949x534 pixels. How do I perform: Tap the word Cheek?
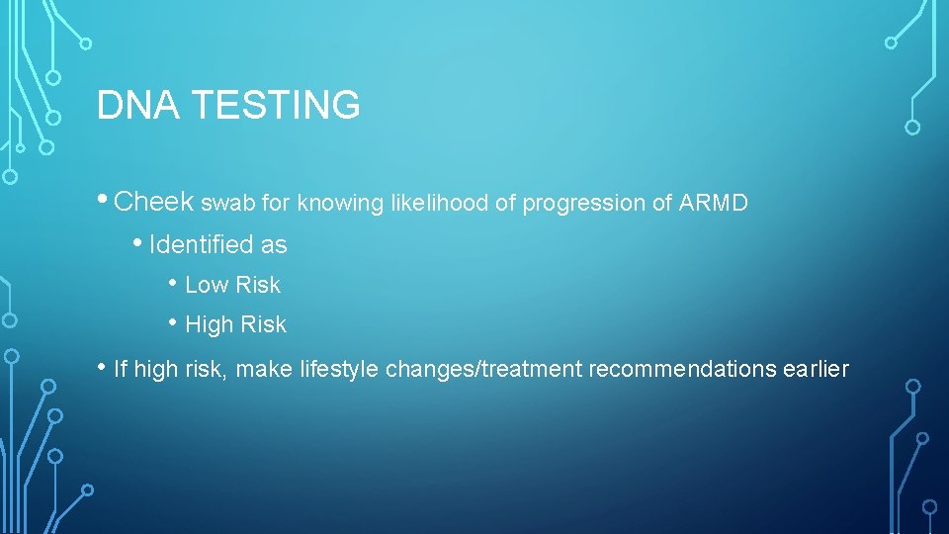click(x=154, y=202)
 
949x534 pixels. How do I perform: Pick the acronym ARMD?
click(x=714, y=204)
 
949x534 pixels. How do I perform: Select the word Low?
click(x=206, y=285)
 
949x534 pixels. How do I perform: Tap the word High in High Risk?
click(x=209, y=324)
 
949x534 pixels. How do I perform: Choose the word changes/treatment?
click(x=484, y=370)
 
